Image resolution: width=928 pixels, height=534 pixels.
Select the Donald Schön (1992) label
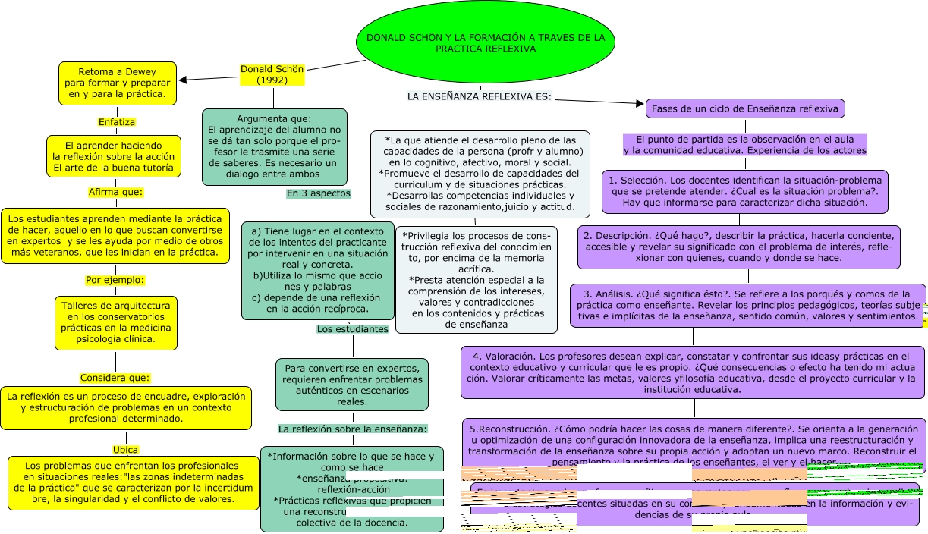tap(272, 74)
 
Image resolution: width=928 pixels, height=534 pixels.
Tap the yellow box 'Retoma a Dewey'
tap(118, 83)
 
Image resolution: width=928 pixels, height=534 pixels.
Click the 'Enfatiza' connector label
tap(117, 121)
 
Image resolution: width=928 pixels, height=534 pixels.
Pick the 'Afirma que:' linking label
tap(116, 192)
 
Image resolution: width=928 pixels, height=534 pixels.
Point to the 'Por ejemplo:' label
tap(115, 279)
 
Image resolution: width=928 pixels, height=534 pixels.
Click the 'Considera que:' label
tap(115, 378)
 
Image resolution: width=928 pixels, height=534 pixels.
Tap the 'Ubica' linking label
tap(125, 449)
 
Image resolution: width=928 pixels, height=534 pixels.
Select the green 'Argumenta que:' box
tap(274, 147)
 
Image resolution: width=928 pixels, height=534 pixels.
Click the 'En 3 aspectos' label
tap(319, 193)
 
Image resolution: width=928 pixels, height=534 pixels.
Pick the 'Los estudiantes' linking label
tap(352, 329)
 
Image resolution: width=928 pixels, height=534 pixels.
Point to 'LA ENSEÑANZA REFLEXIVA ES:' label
tap(479, 96)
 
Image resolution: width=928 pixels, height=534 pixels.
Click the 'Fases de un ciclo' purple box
tap(744, 108)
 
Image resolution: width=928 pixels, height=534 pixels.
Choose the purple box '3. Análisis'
tap(747, 305)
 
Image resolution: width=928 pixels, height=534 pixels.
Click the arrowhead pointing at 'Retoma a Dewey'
tap(182, 79)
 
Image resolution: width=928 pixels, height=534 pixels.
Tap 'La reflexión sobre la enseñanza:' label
tap(353, 429)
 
